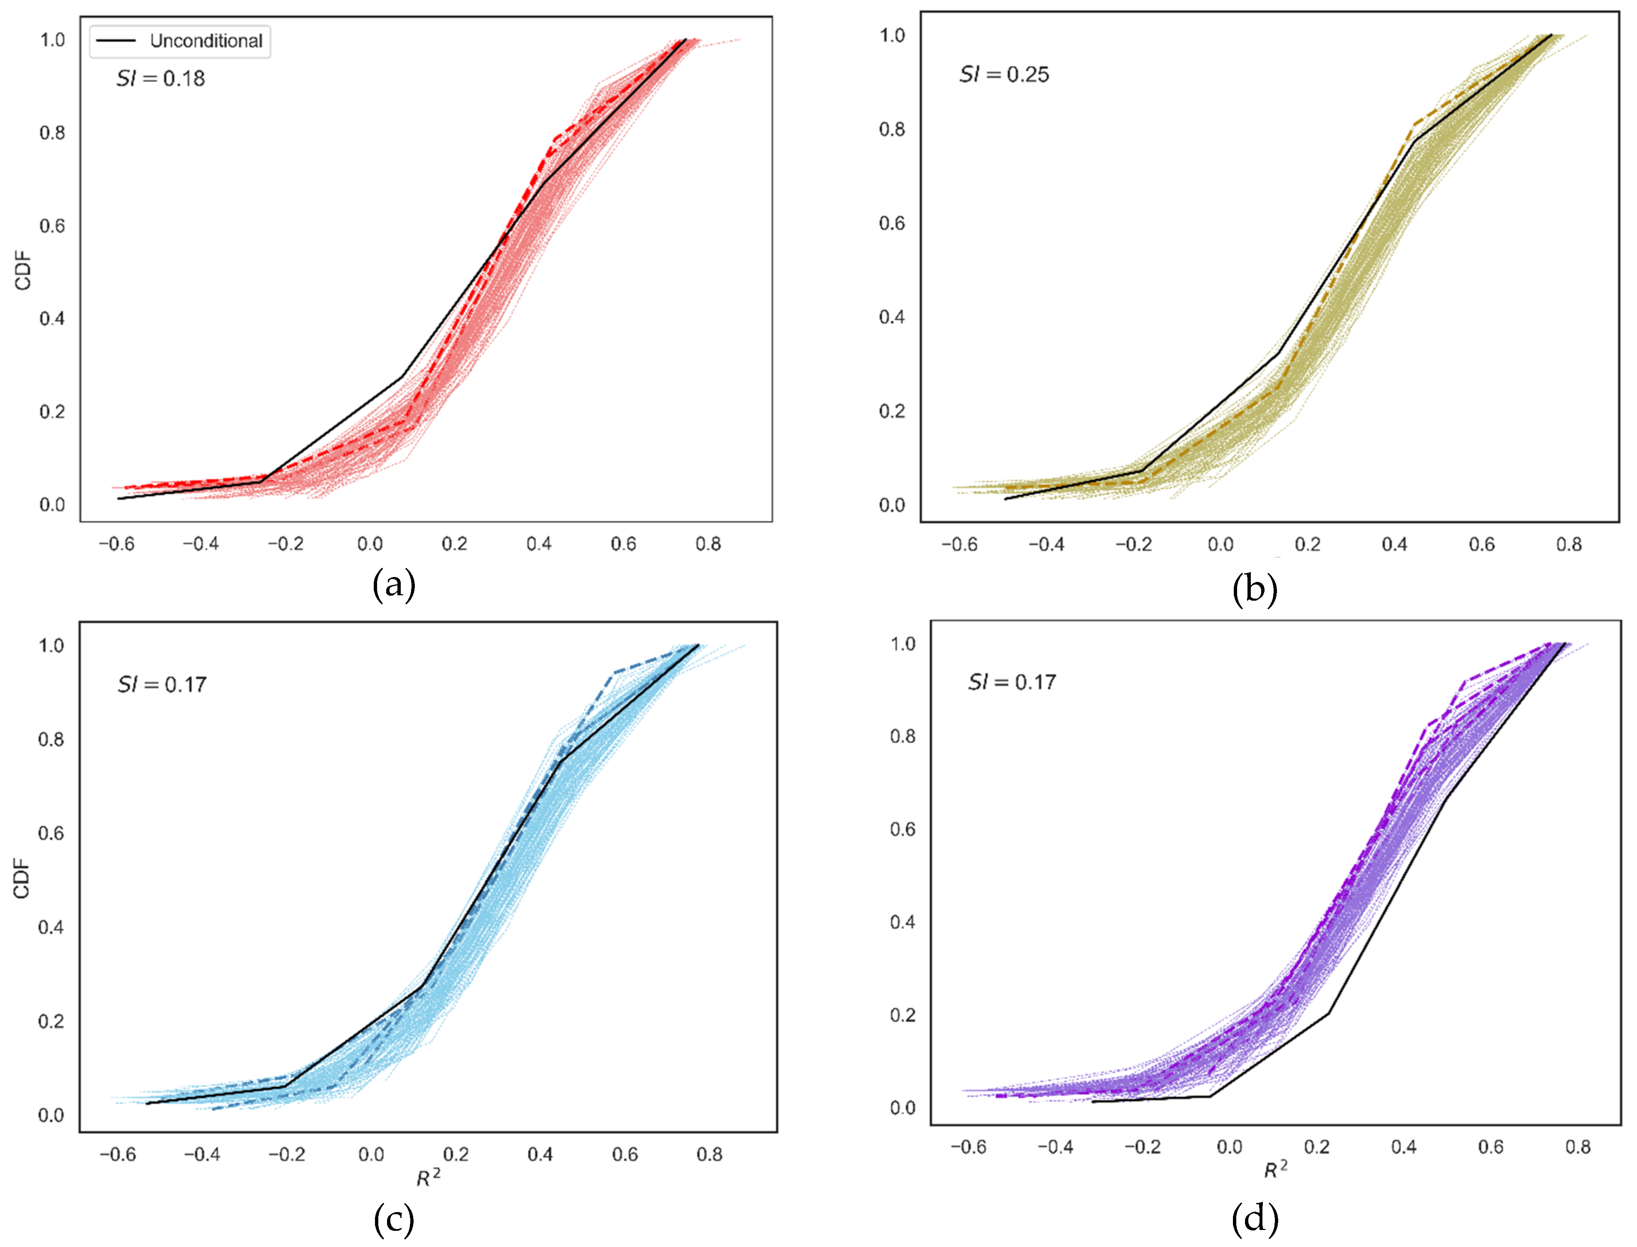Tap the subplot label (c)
pos(394,1220)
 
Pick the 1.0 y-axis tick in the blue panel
pos(51,645)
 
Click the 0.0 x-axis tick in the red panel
pos(370,544)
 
